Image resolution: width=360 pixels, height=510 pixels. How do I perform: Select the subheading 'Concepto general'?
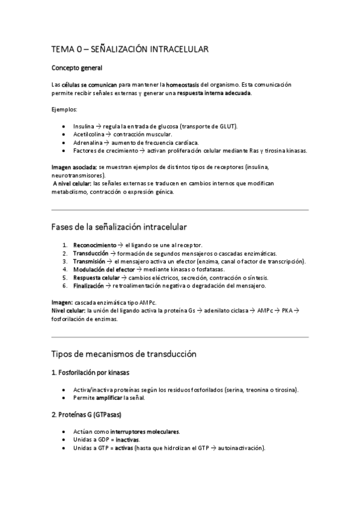pos(77,68)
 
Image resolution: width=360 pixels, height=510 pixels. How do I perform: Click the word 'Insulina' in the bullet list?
pos(84,126)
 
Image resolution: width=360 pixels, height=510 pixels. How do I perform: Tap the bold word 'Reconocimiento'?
pos(94,245)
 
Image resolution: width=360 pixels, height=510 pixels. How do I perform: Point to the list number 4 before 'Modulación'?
pos(64,269)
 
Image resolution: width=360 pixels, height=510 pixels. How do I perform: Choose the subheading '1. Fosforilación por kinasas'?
pos(91,373)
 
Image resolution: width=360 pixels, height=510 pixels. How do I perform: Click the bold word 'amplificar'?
pos(109,398)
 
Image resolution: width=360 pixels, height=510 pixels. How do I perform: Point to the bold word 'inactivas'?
pos(127,440)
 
